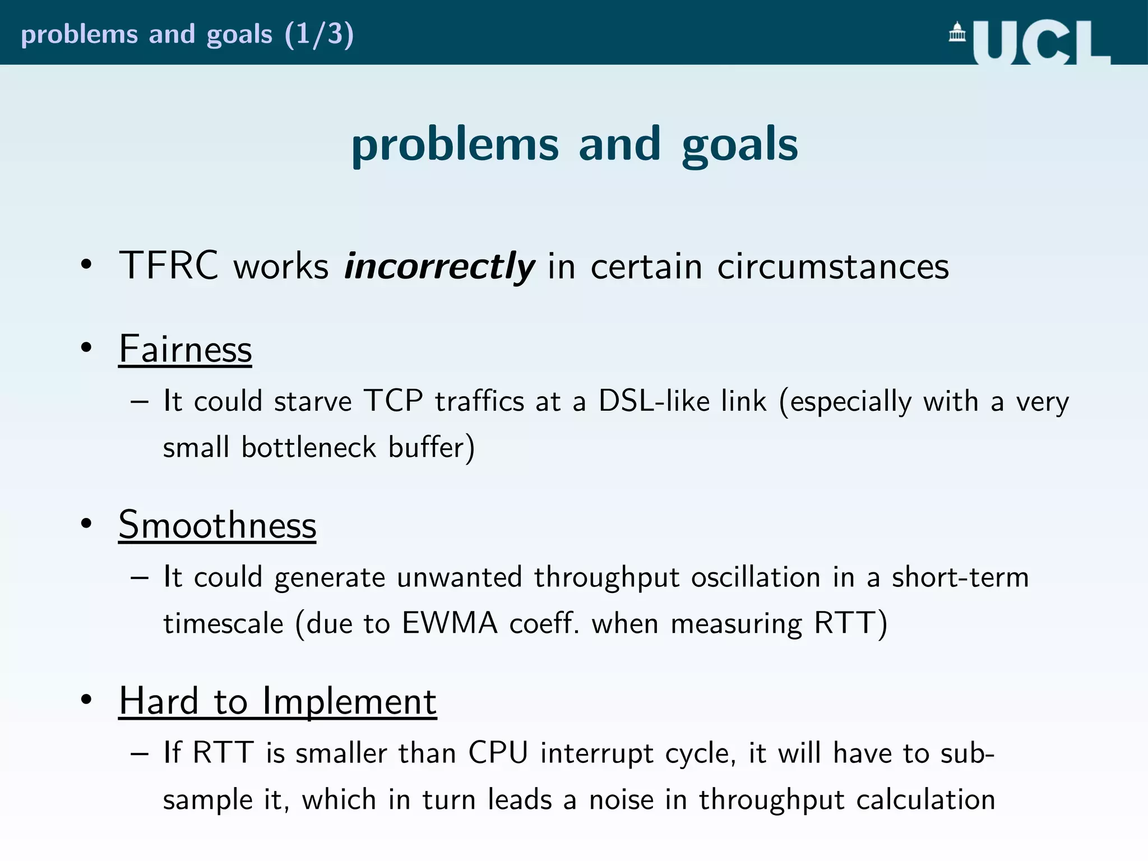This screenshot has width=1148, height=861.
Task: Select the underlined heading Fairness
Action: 185,349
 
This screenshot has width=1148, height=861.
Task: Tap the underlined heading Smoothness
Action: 217,525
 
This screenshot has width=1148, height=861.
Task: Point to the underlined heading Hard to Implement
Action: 277,701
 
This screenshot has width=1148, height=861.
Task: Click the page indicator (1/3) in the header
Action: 319,34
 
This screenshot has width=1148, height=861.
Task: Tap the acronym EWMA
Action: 450,623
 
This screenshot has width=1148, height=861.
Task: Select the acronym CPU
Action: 498,753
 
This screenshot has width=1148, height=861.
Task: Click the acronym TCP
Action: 393,401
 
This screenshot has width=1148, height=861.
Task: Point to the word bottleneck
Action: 308,447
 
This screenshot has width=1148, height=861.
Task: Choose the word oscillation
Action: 756,577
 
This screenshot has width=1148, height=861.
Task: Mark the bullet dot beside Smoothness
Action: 86,524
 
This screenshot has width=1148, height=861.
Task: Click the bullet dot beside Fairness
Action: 86,348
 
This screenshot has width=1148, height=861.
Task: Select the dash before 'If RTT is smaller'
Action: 139,753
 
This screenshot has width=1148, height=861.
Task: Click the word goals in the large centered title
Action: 739,145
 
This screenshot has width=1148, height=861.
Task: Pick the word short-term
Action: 960,577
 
